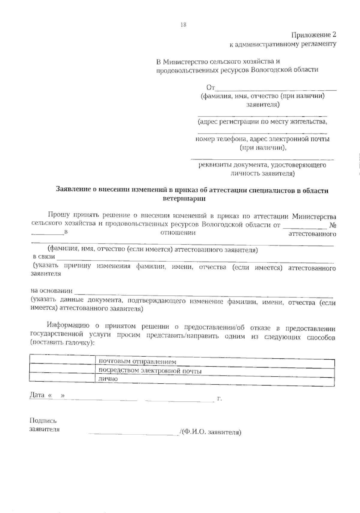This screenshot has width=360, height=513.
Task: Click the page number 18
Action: (183, 25)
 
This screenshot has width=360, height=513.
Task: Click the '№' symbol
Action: (332, 225)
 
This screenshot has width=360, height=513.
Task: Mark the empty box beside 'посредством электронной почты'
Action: (62, 369)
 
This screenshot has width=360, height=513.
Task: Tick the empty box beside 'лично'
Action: (62, 378)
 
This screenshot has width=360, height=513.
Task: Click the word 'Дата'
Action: (37, 395)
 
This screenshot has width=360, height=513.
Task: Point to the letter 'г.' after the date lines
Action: (219, 399)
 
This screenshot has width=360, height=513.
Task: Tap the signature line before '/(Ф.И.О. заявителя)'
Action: (133, 433)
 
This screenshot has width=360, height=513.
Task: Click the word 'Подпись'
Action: (43, 421)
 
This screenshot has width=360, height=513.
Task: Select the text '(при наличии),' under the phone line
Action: (263, 148)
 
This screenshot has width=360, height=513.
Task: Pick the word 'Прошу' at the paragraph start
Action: (59, 215)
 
